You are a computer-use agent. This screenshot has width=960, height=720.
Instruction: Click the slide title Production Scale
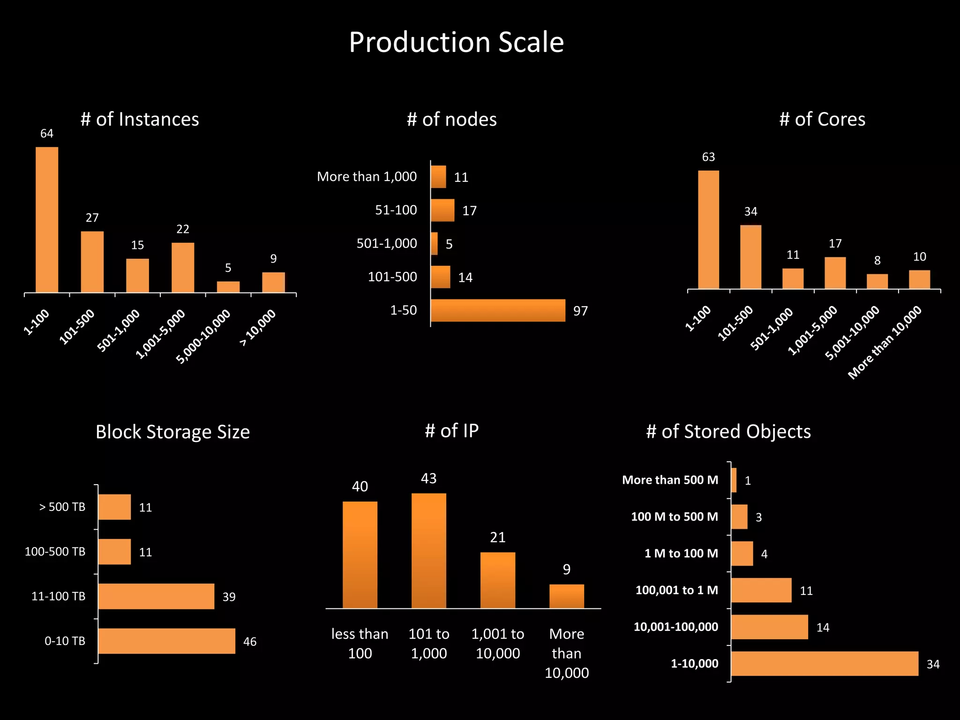[456, 42]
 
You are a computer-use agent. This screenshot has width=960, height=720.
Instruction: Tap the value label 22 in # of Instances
[182, 229]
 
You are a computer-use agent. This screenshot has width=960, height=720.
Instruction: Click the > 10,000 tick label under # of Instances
[258, 328]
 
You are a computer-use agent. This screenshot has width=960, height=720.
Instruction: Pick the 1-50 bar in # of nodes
[497, 310]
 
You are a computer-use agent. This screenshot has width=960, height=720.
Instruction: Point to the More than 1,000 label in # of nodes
[367, 177]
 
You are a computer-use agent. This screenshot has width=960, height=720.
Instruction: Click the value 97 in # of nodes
[580, 311]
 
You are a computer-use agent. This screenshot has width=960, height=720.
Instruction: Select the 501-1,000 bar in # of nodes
[434, 244]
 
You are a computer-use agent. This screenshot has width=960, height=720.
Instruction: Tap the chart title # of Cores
[822, 120]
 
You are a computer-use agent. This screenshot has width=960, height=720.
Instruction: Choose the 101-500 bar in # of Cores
[750, 257]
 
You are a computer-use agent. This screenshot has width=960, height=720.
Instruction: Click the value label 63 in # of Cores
[708, 157]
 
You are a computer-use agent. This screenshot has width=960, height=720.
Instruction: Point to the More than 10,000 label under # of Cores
[885, 342]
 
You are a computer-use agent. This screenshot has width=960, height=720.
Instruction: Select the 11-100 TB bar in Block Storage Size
[156, 596]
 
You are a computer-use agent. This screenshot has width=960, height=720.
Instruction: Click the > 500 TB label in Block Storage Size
[62, 507]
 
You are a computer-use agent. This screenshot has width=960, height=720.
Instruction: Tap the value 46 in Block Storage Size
[249, 642]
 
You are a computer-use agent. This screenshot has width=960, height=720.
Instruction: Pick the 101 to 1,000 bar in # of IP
[428, 550]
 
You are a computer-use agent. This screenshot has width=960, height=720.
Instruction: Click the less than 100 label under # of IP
[360, 644]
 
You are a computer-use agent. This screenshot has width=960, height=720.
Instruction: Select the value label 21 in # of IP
[497, 537]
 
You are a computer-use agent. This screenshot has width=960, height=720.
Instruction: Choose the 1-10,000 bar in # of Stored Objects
[824, 663]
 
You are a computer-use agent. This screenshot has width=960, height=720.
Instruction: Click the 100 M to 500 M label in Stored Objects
[674, 517]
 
